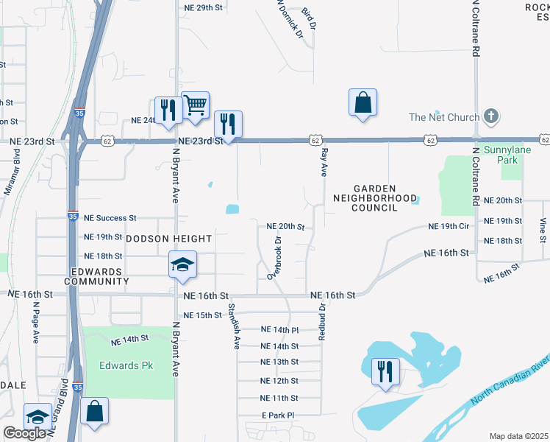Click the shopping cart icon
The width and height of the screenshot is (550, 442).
(x=195, y=105)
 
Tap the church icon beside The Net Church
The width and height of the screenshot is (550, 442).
(x=492, y=117)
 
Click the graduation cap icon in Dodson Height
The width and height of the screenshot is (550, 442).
(x=182, y=265)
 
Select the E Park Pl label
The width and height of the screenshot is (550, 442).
(x=277, y=415)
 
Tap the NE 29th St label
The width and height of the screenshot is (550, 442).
(x=201, y=7)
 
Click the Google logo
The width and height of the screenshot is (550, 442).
(x=24, y=434)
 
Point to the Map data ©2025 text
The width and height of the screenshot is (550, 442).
(x=518, y=436)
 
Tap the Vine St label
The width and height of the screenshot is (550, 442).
(x=543, y=229)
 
